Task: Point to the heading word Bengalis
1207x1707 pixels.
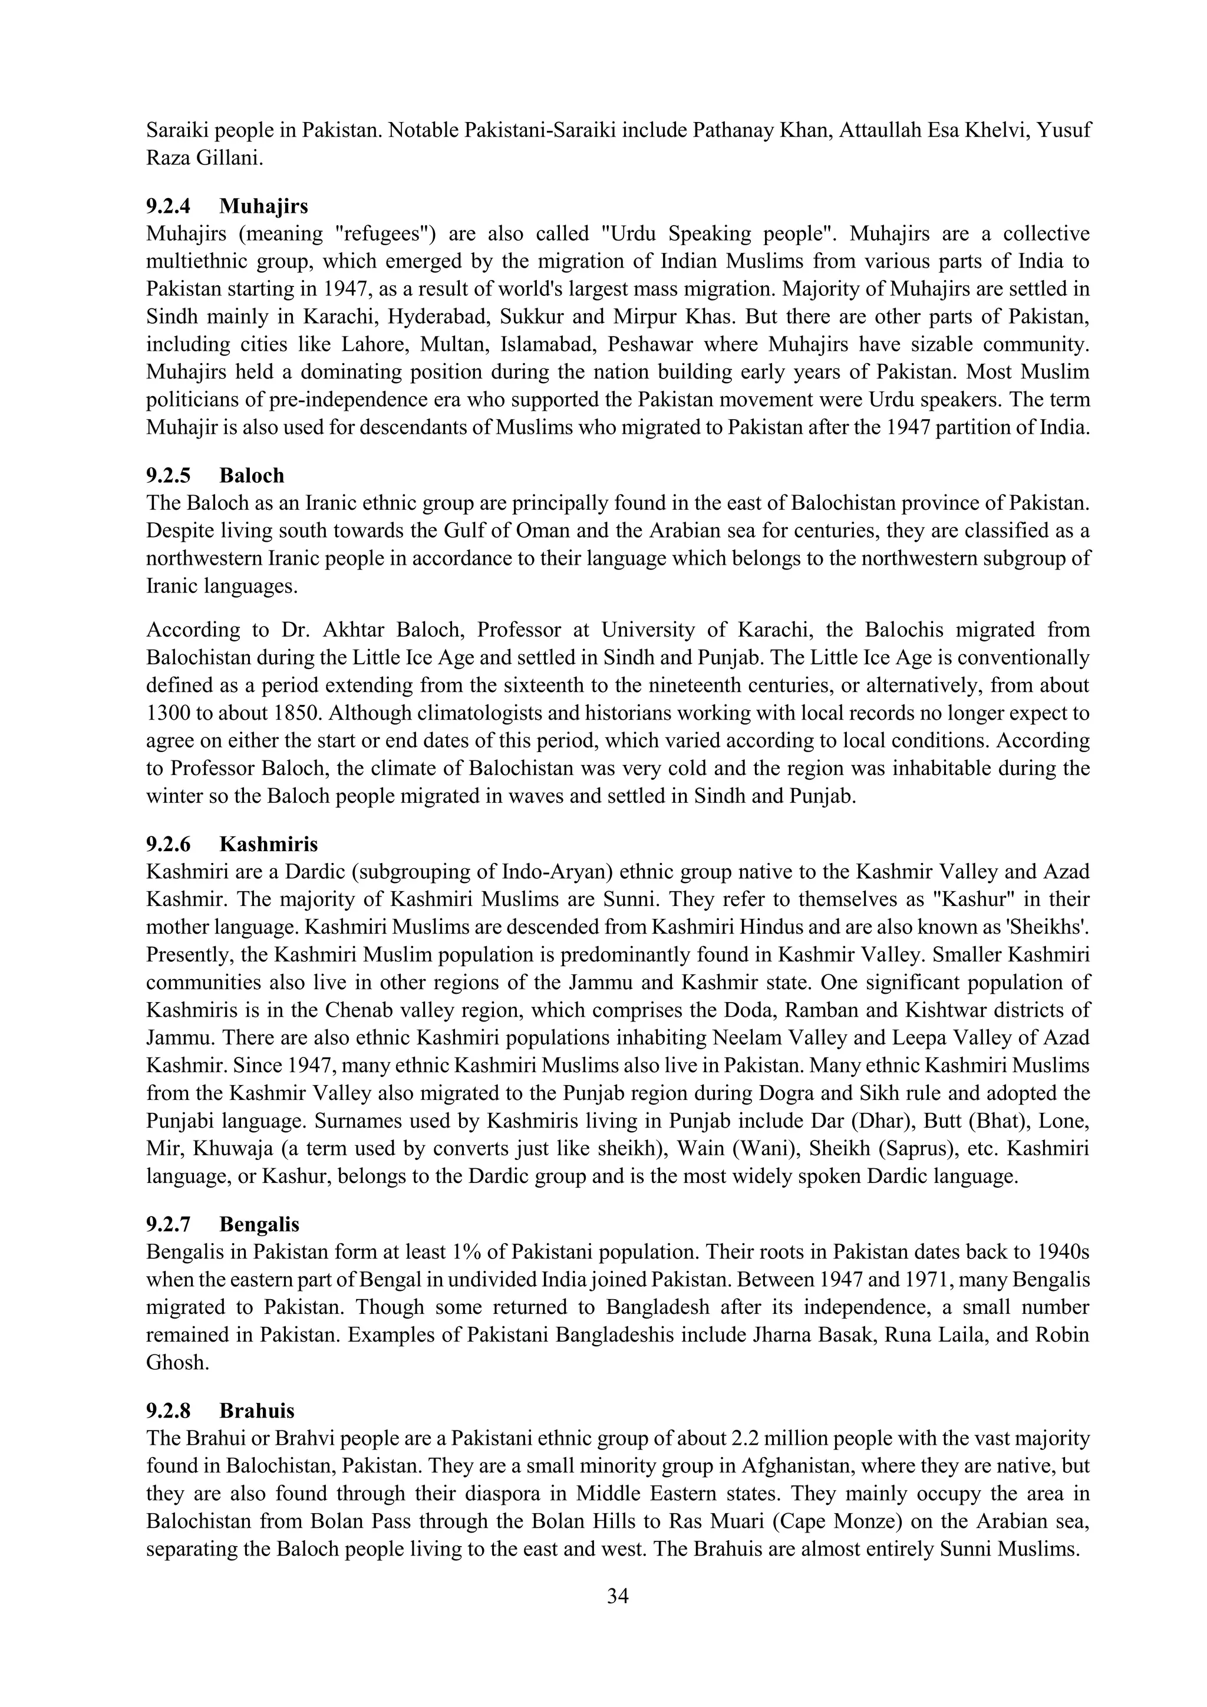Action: click(259, 1224)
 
